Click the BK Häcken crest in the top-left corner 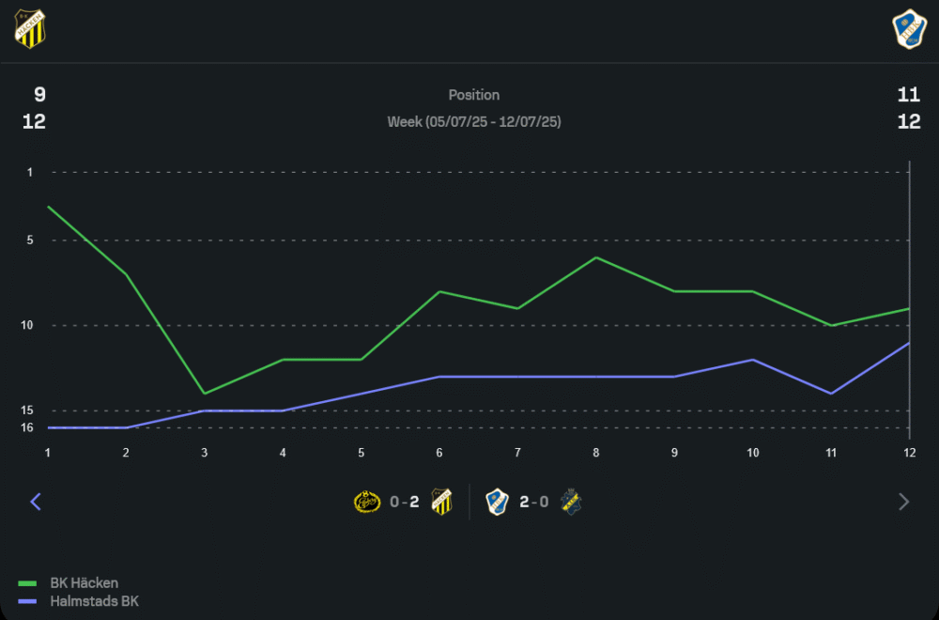click(x=30, y=28)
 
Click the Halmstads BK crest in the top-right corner click(x=908, y=28)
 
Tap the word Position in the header click(x=474, y=95)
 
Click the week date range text click(x=474, y=122)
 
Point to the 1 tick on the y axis click(x=30, y=172)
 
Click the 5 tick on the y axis click(x=30, y=240)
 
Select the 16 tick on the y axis click(x=28, y=427)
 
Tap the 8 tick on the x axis click(x=595, y=453)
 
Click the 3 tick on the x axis click(x=205, y=453)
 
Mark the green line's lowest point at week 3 click(x=205, y=393)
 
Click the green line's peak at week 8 click(x=595, y=257)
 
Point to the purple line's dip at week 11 click(x=830, y=393)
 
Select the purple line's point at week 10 click(x=752, y=359)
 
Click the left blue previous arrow click(x=36, y=502)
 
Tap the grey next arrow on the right click(x=904, y=502)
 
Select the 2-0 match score click(x=534, y=502)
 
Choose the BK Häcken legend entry click(x=84, y=583)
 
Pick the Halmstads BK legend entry click(x=93, y=601)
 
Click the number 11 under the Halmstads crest click(x=908, y=94)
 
